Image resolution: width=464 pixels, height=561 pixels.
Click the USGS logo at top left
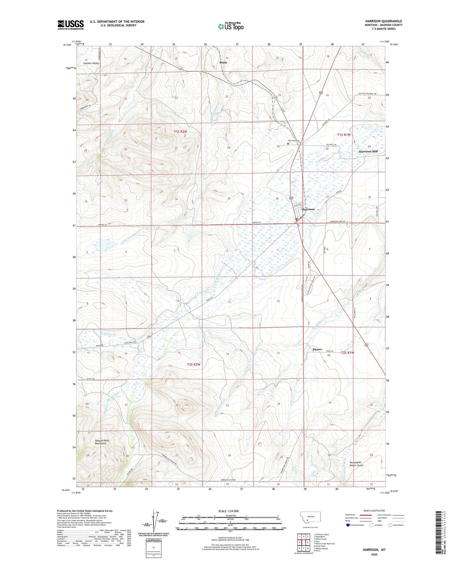(x=70, y=25)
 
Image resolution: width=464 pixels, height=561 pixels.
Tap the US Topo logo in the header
(x=231, y=26)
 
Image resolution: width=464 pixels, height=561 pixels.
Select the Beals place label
(x=223, y=62)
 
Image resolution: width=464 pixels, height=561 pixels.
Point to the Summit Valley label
(x=91, y=63)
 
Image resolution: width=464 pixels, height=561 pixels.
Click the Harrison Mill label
(x=368, y=151)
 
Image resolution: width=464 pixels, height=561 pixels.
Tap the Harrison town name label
(x=308, y=209)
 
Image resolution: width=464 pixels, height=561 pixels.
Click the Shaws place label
(x=317, y=349)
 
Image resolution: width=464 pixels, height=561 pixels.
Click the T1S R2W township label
(x=180, y=131)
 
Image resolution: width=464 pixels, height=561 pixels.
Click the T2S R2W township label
(x=193, y=364)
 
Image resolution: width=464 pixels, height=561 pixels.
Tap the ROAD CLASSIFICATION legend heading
(x=374, y=511)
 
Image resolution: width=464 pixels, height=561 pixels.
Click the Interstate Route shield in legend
(x=348, y=525)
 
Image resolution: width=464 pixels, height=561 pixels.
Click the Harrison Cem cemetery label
(x=293, y=141)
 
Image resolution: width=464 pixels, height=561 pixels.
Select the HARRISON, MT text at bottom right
(x=374, y=550)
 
